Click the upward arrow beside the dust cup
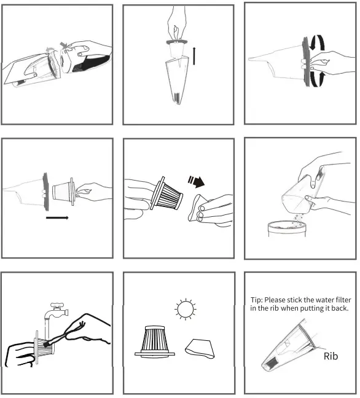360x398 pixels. (x=195, y=55)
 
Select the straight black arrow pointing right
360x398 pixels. (x=57, y=217)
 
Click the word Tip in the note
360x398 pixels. (x=256, y=299)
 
